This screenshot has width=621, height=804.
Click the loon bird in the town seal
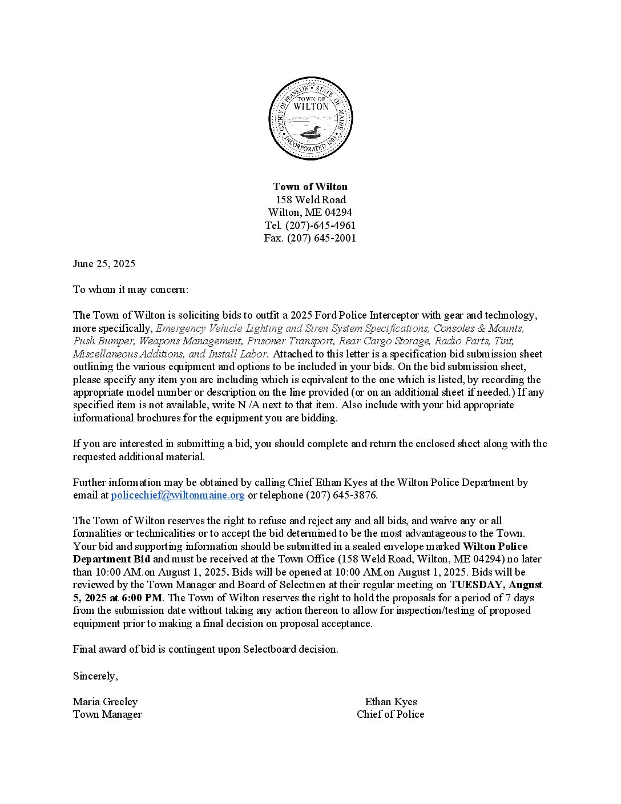click(309, 134)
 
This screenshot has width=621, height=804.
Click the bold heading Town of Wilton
click(310, 187)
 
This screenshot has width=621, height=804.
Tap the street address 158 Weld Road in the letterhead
click(310, 200)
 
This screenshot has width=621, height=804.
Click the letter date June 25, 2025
click(104, 264)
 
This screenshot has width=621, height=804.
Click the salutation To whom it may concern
click(130, 290)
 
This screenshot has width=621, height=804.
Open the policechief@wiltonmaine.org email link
click(178, 495)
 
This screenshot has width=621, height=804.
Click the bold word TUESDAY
click(476, 585)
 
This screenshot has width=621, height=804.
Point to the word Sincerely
click(95, 676)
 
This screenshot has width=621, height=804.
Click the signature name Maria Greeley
click(105, 702)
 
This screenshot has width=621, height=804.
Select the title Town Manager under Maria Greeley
click(107, 714)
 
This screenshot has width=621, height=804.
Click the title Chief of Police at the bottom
click(390, 714)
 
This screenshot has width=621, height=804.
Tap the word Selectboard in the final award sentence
click(269, 649)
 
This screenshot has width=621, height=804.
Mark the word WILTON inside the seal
click(310, 106)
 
